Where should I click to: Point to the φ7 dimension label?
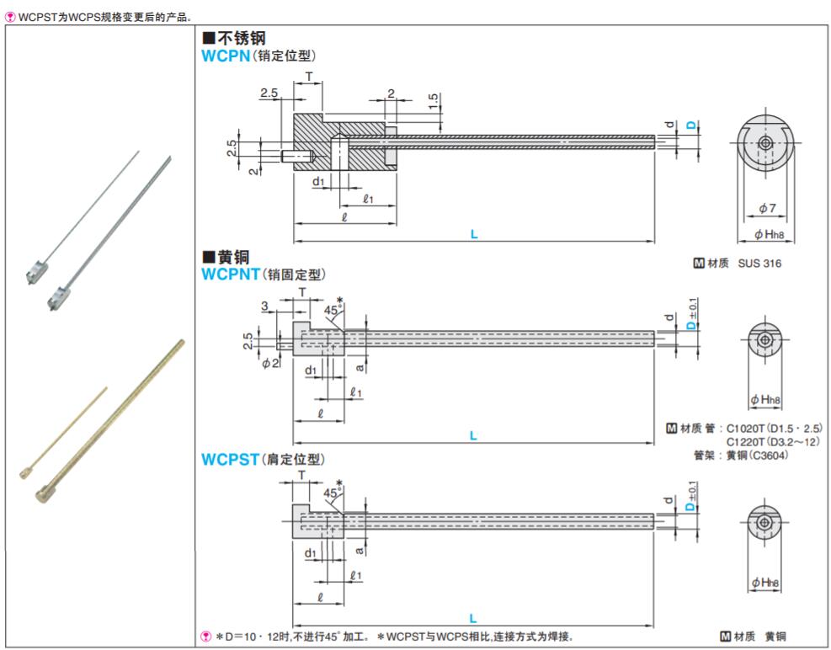point(766,208)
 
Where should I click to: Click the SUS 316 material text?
point(759,264)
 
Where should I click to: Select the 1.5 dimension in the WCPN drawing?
point(433,101)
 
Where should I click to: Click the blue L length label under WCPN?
point(474,235)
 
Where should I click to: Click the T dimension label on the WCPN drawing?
point(309,76)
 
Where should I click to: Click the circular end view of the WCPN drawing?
point(764,143)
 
